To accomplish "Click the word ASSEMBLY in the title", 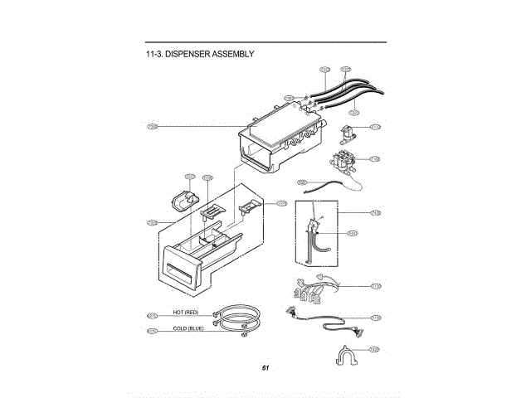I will click(x=233, y=54).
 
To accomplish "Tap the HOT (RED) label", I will click(x=185, y=312).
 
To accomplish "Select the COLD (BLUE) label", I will click(x=188, y=328).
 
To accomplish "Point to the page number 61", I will click(x=265, y=367).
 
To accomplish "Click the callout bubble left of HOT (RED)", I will click(x=152, y=315).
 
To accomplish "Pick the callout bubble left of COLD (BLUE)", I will click(x=152, y=331).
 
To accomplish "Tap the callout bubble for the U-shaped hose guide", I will click(x=375, y=349).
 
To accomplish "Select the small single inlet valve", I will click(x=348, y=131).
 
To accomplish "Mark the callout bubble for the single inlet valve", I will click(x=375, y=127).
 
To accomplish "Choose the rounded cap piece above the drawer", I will click(x=186, y=200).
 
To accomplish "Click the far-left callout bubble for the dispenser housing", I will click(x=152, y=126).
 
